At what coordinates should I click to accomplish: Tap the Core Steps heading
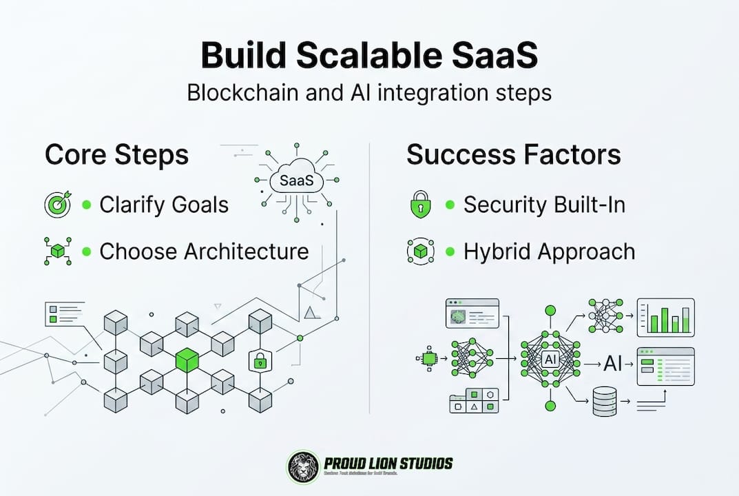coord(116,154)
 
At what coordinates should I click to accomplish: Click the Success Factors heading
coord(513,154)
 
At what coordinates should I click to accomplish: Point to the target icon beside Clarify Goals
coord(56,205)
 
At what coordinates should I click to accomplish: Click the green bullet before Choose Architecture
coord(87,251)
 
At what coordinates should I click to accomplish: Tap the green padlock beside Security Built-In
coord(420,205)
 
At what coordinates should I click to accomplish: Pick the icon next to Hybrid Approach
coord(420,252)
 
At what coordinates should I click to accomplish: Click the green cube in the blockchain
coord(187,360)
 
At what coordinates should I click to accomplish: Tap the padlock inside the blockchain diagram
coord(260,360)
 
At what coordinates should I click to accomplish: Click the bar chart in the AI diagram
coord(665,318)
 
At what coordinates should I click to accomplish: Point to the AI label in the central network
coord(550,359)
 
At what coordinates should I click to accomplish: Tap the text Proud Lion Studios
coord(388,462)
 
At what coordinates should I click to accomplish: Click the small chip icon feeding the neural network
coord(428,358)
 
